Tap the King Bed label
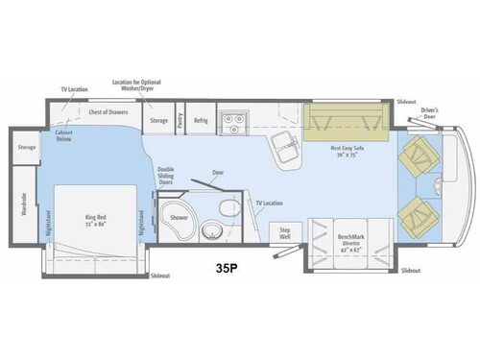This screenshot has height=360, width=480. [x=95, y=220]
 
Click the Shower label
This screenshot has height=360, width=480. [x=179, y=217]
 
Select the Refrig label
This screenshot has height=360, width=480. [x=201, y=121]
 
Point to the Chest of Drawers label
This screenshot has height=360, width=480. [x=108, y=112]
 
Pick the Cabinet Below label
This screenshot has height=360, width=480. [x=65, y=136]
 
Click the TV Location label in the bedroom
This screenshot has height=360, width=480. [x=75, y=89]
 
